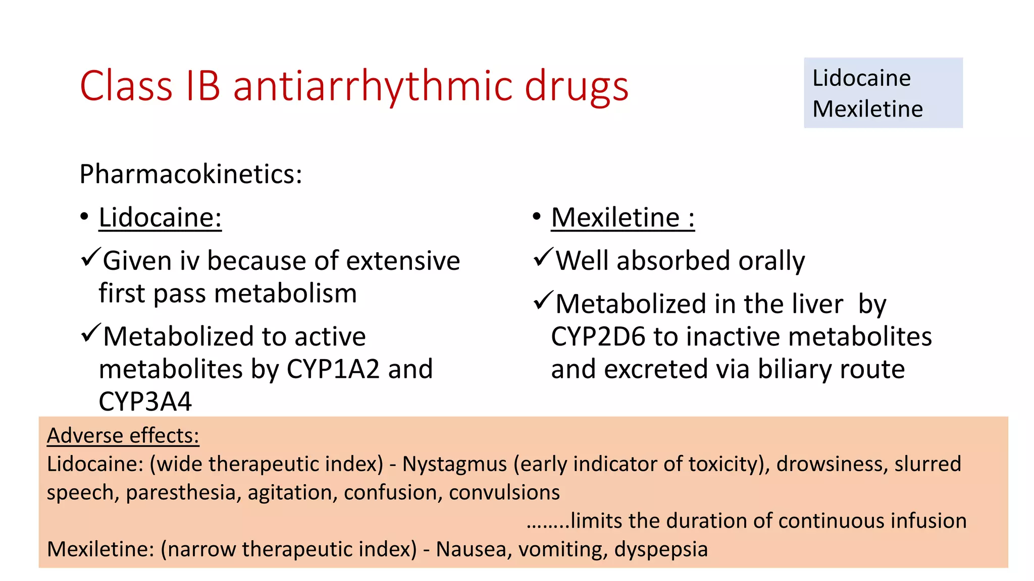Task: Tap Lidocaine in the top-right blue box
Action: [x=861, y=78]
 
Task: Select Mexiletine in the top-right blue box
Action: [x=867, y=109]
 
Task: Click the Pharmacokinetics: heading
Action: [x=191, y=175]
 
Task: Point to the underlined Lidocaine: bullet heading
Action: [x=160, y=218]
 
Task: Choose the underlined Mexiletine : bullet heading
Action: [x=623, y=218]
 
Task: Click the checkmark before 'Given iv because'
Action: [x=91, y=258]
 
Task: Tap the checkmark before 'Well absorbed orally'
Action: [x=543, y=258]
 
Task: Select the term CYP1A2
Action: [x=333, y=369]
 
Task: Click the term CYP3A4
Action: [x=145, y=402]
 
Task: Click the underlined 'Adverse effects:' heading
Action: [x=123, y=436]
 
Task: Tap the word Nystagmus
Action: [x=454, y=464]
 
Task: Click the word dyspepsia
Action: [x=661, y=549]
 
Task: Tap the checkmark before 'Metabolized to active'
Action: [x=91, y=334]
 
